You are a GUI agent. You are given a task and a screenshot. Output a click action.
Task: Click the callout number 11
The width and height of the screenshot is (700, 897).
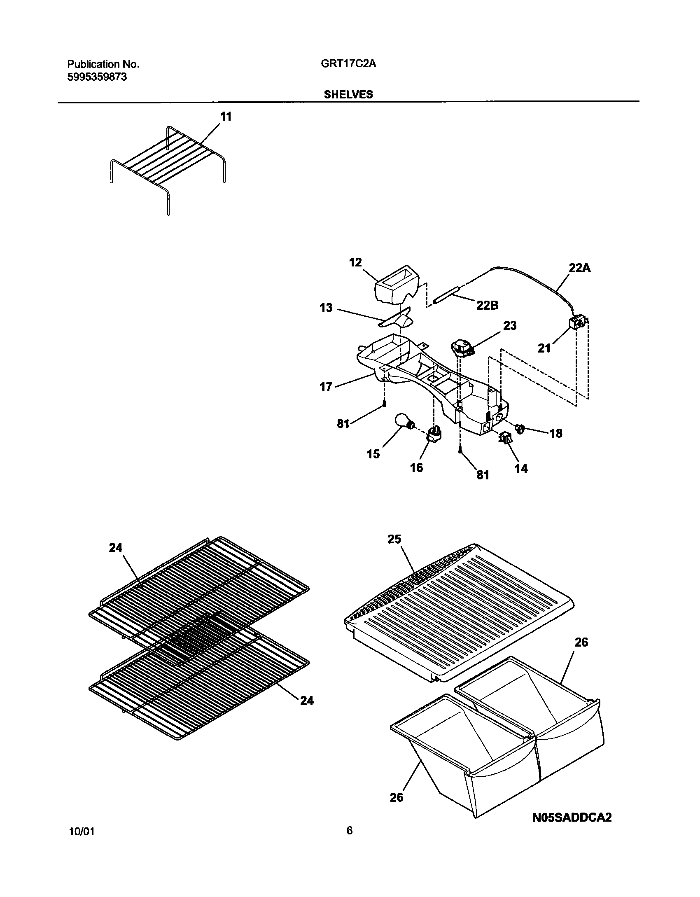click(x=226, y=117)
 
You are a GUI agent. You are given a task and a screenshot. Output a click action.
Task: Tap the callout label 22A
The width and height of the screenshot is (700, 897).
click(x=580, y=268)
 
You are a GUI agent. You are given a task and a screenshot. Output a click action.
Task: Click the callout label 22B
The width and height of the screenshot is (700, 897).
click(x=487, y=305)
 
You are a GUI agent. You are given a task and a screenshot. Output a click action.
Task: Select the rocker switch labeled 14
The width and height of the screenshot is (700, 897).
click(x=505, y=439)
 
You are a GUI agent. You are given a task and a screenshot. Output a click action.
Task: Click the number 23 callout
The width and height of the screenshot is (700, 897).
click(x=509, y=325)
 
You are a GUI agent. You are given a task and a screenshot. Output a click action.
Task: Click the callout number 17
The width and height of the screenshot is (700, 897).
click(x=326, y=387)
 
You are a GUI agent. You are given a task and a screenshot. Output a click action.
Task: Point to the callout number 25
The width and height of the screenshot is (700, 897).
click(x=394, y=539)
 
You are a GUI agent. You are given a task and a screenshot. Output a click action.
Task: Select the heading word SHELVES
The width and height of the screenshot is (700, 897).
click(x=348, y=94)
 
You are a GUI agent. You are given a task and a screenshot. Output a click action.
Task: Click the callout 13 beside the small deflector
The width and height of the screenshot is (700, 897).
click(x=326, y=308)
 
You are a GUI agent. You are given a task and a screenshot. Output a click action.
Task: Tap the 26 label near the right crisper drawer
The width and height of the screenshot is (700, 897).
click(x=581, y=642)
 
